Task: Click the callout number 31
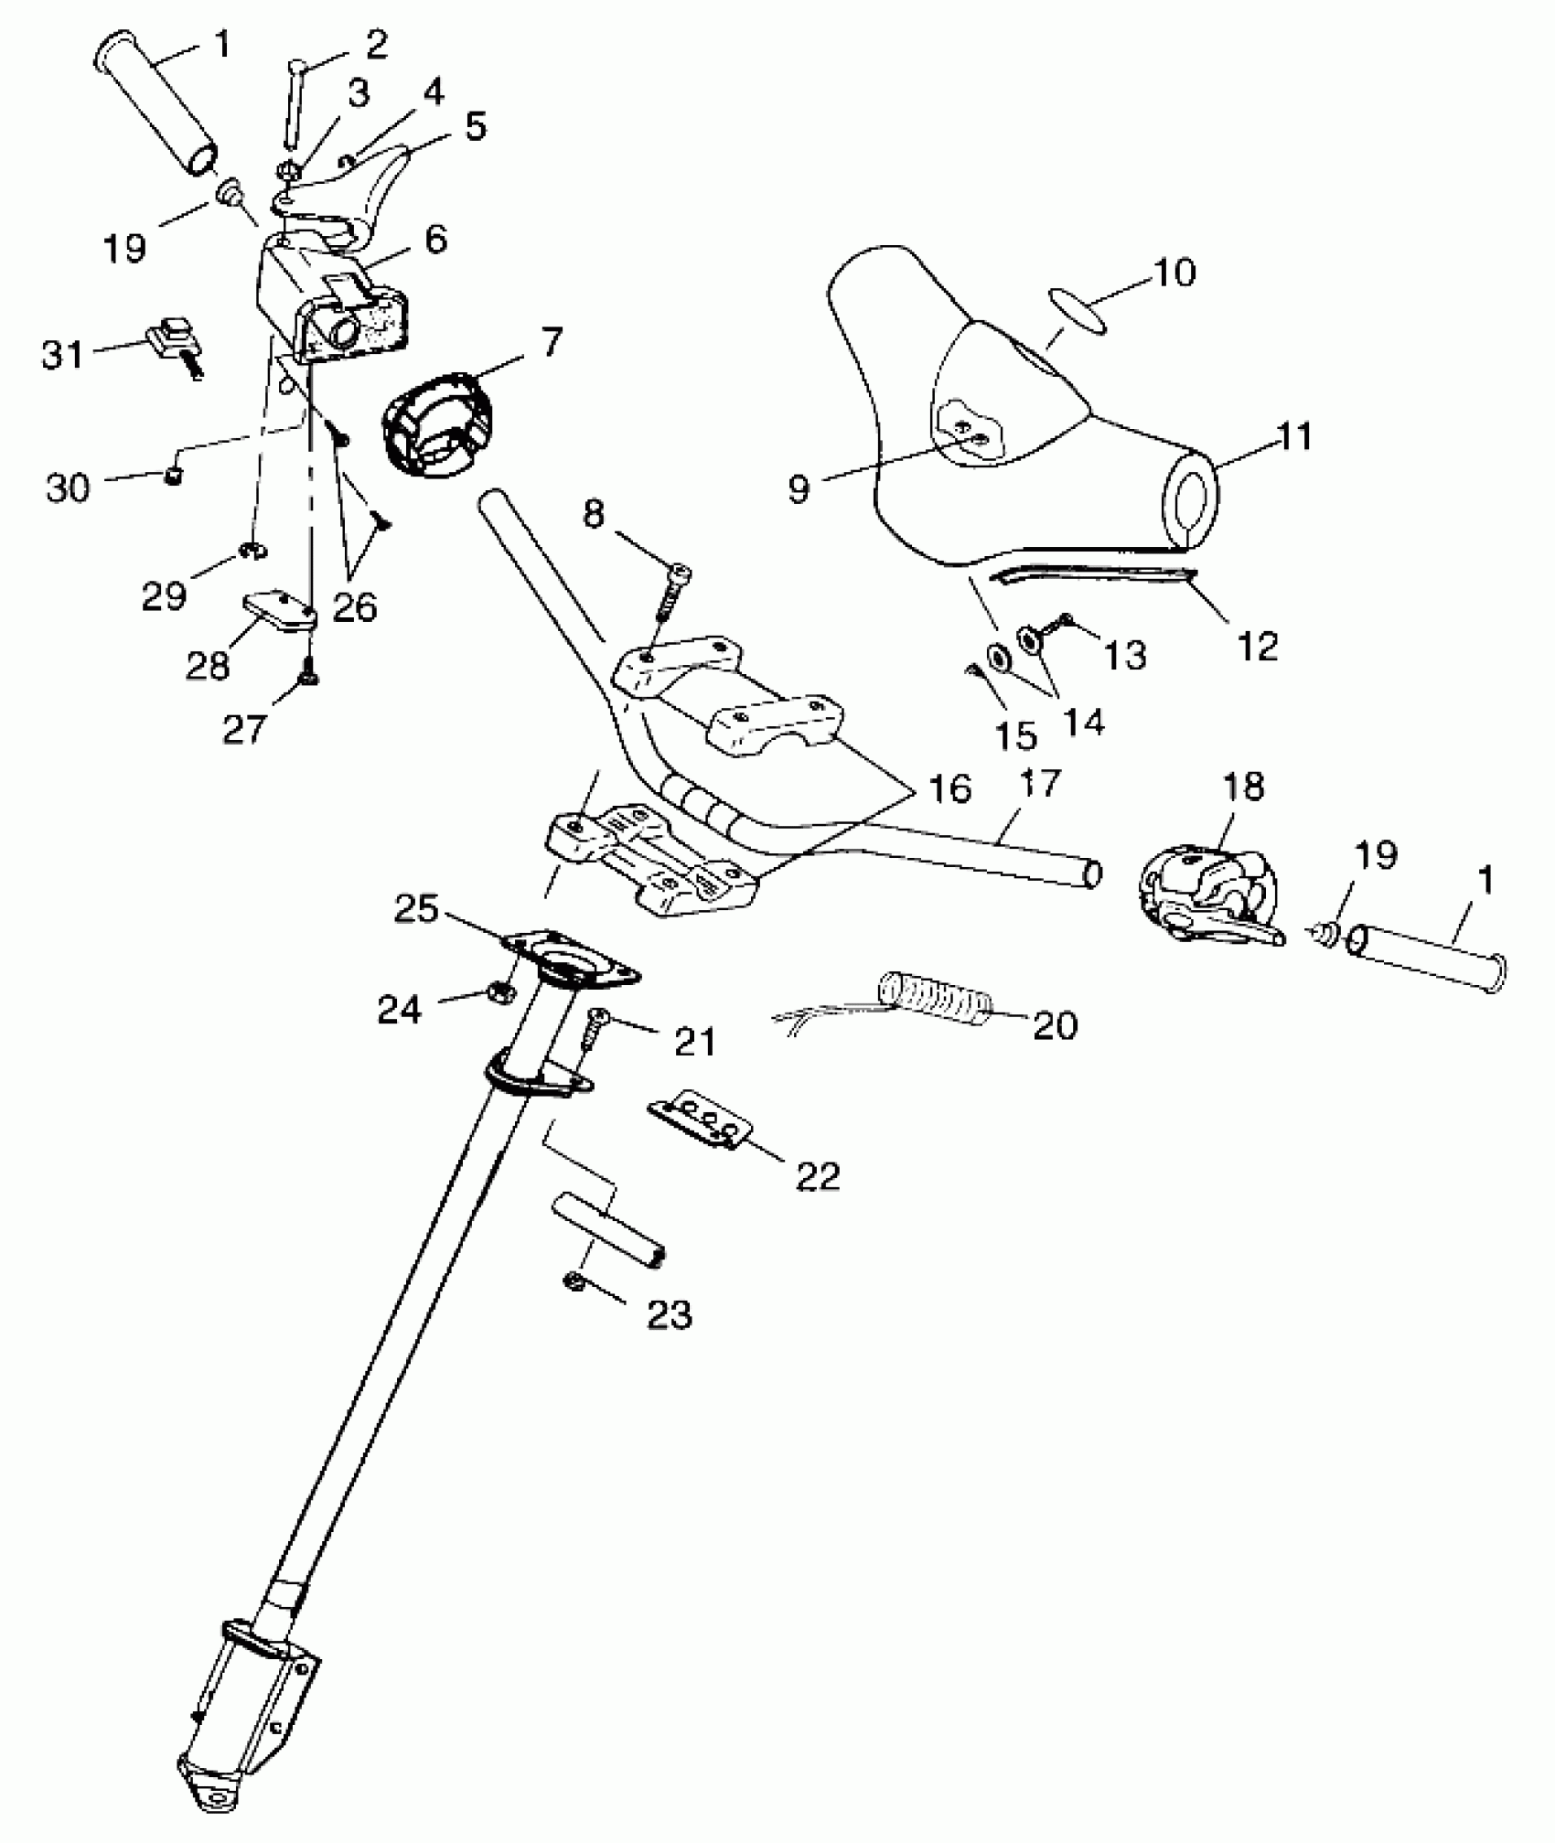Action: click(62, 354)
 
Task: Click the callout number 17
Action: click(1040, 783)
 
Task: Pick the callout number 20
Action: click(1054, 1025)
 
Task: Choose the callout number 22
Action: click(817, 1176)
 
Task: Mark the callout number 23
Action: click(669, 1315)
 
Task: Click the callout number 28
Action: click(208, 666)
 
